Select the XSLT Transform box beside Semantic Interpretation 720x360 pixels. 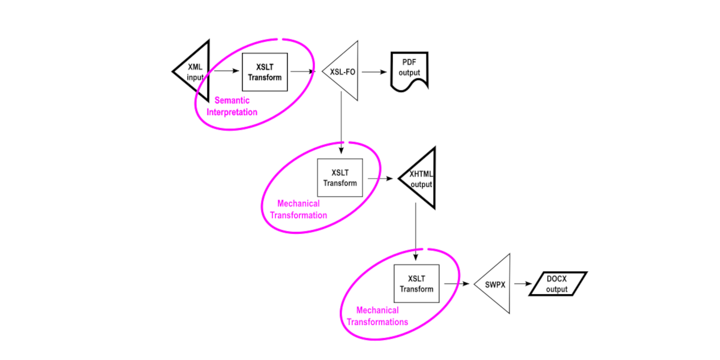point(265,72)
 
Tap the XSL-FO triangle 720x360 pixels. point(344,72)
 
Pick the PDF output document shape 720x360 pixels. point(409,70)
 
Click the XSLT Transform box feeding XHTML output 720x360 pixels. point(340,178)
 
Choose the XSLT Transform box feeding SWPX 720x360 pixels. point(417,283)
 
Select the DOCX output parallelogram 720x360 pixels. point(557,284)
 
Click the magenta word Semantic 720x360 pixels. point(232,101)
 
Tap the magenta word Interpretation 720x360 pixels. point(232,112)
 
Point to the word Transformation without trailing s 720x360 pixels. point(299,215)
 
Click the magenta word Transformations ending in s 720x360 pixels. point(377,322)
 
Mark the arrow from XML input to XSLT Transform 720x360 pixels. point(226,71)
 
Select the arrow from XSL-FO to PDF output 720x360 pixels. point(374,72)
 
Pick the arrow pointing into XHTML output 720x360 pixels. point(380,178)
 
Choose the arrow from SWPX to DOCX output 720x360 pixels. point(523,284)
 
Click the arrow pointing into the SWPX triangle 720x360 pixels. point(457,284)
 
